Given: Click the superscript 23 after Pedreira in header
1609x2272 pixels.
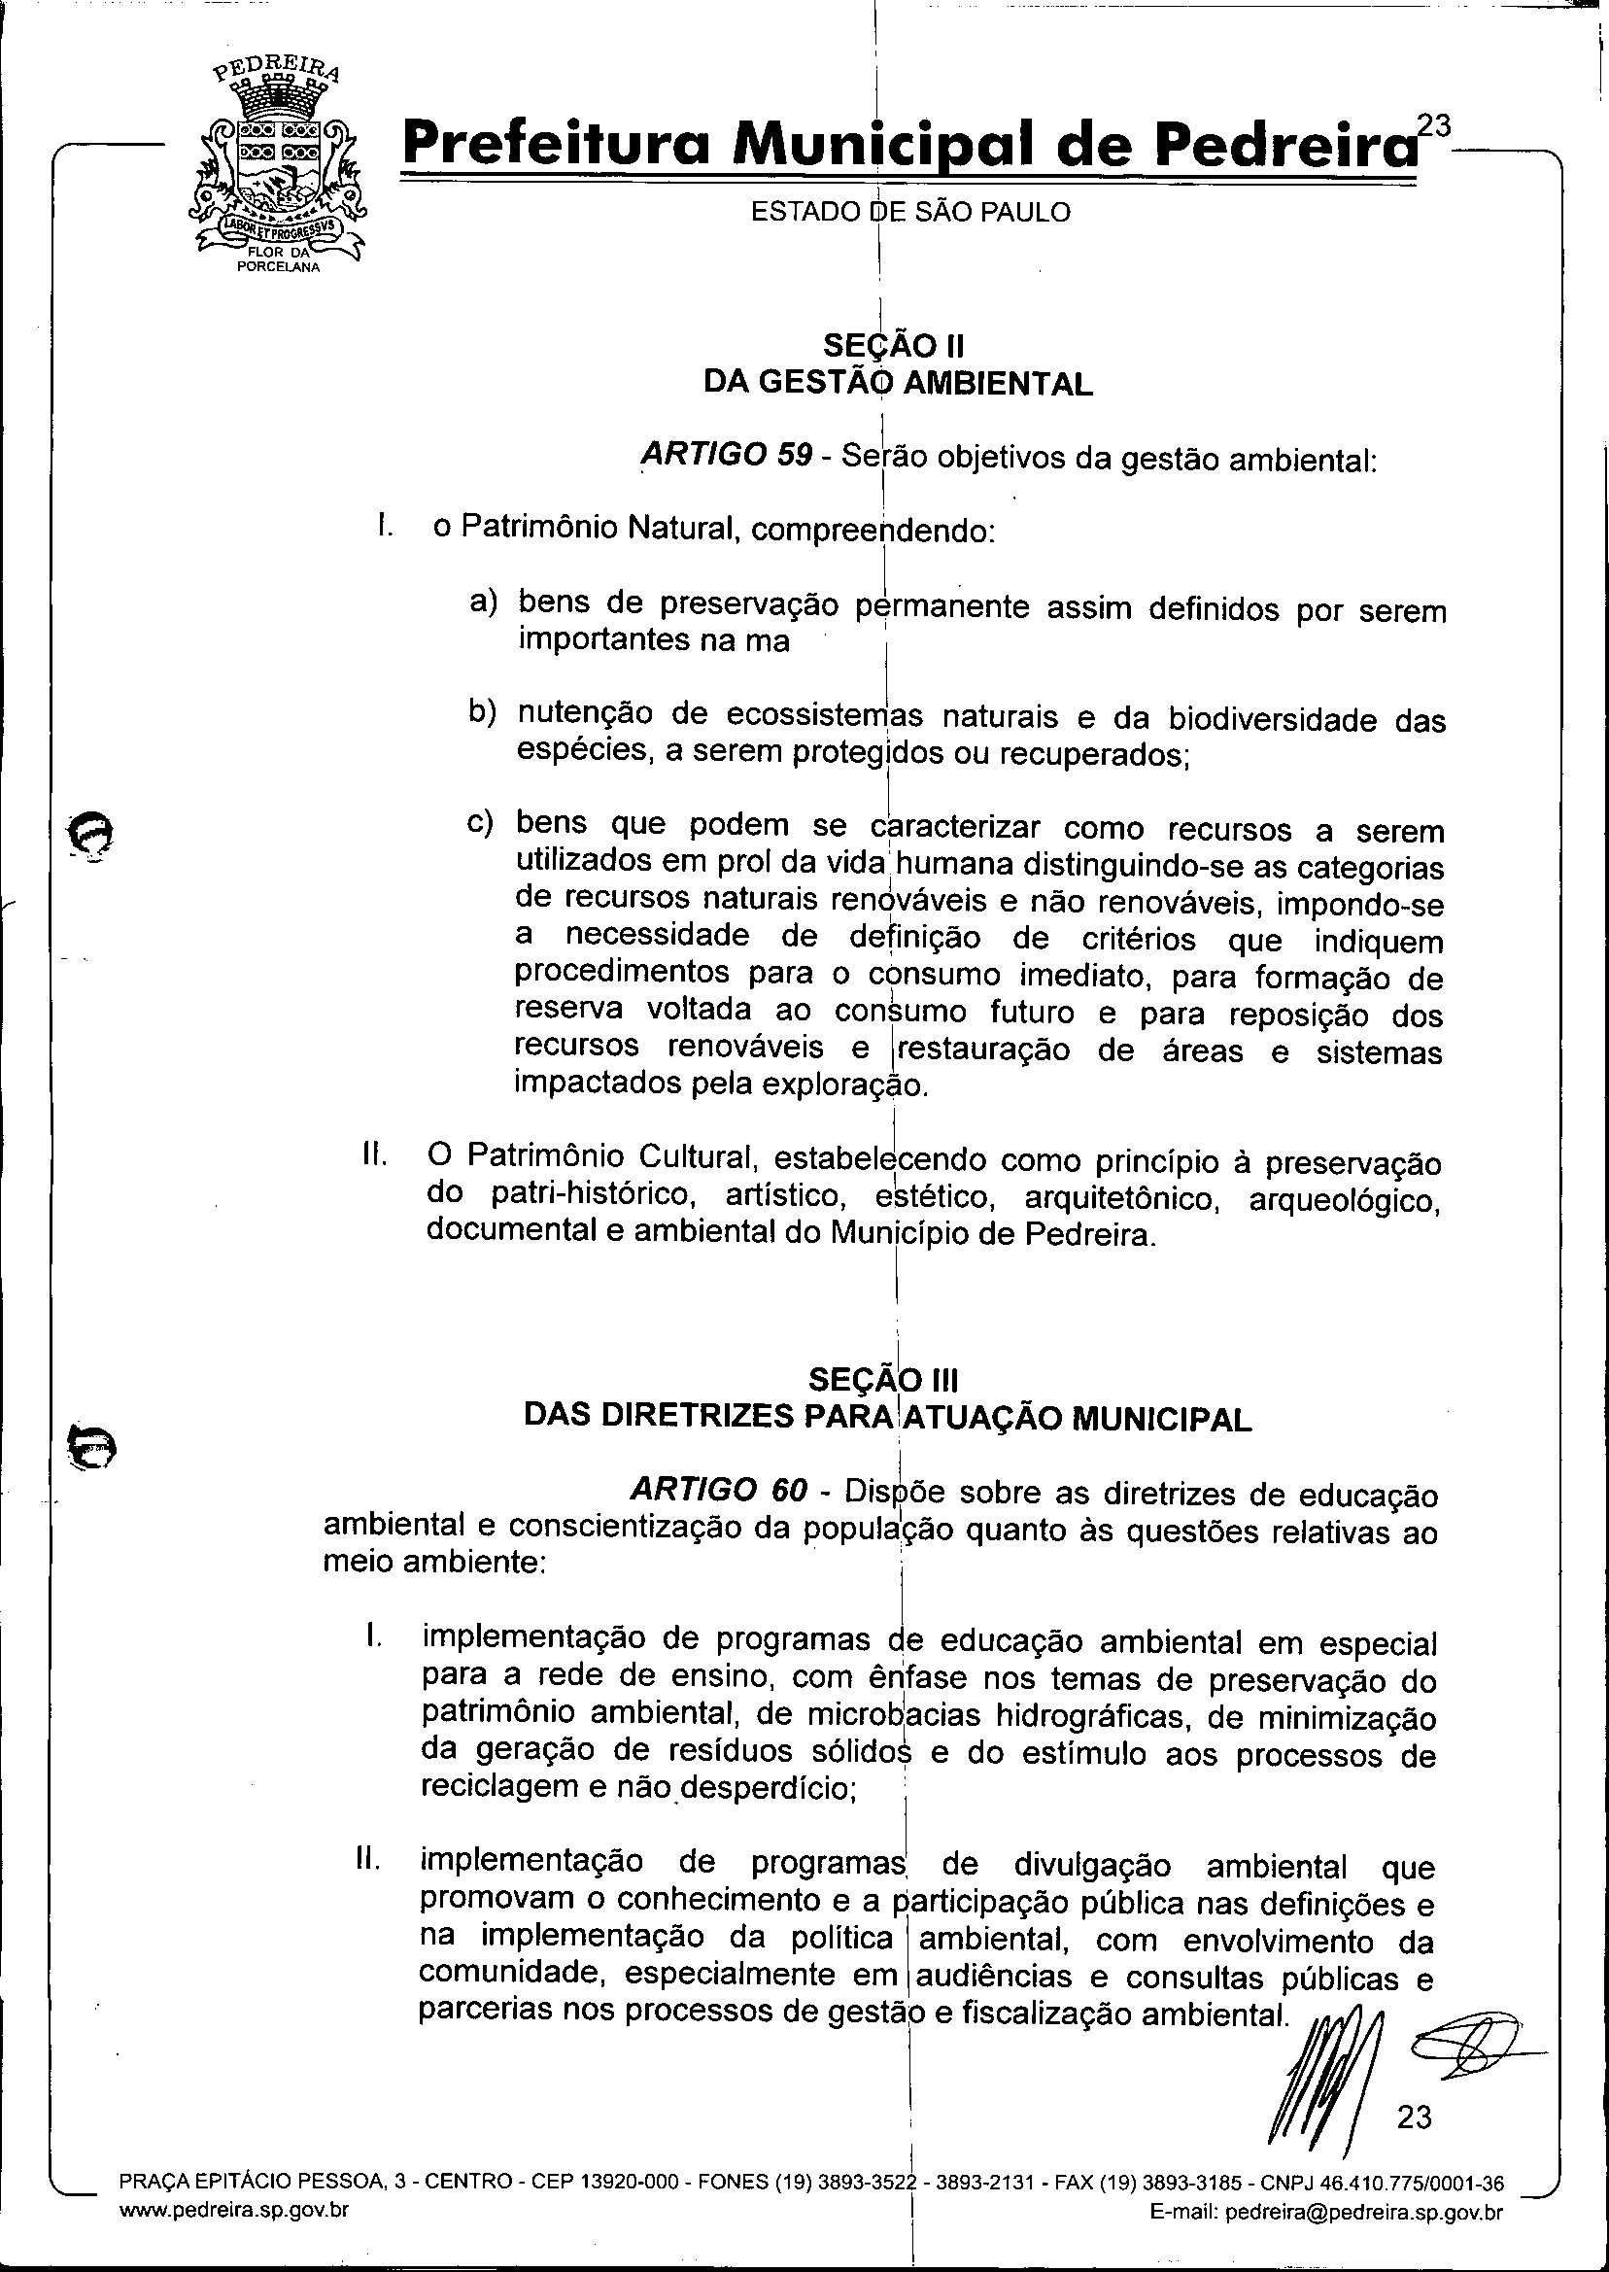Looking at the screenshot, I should (x=1432, y=125).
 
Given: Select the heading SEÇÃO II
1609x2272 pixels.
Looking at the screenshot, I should (x=894, y=346).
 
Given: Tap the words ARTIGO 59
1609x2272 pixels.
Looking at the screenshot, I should (x=725, y=456).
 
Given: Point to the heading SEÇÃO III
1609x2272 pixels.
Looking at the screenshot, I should (x=883, y=1379).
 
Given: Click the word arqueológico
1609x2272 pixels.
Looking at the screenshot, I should (x=1343, y=1200).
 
